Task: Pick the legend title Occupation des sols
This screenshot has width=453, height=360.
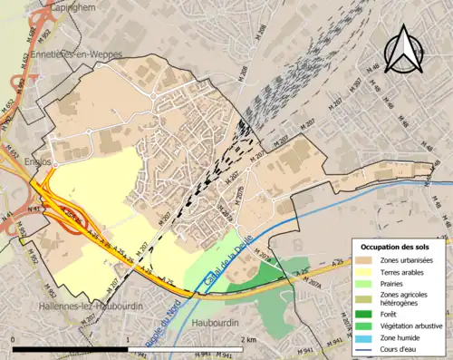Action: coord(395,246)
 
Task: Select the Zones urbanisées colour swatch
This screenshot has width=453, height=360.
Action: coord(362,260)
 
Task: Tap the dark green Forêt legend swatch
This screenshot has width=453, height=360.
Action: coord(362,315)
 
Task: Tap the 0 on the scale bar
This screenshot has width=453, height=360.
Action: coord(14,339)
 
